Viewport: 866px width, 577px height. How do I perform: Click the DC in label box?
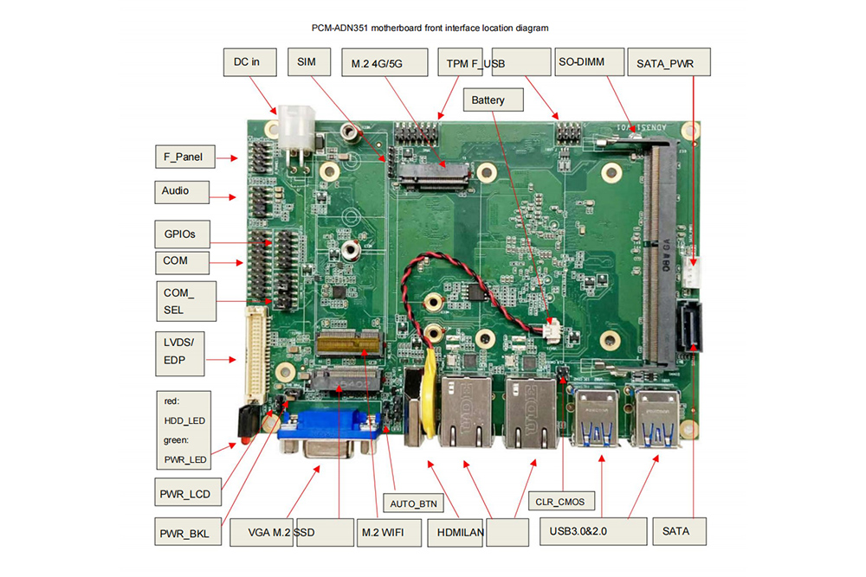coord(249,61)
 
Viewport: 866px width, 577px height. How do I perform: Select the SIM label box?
coord(309,61)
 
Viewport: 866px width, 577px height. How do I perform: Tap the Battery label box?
coord(494,99)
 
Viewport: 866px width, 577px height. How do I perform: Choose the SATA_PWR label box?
coord(669,61)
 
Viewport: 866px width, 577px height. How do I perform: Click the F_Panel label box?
coord(185,157)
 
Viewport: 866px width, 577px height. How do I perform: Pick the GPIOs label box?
coord(182,234)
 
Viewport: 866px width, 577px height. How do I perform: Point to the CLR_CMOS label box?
coord(561,501)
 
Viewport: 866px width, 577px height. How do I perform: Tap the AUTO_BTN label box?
coord(413,503)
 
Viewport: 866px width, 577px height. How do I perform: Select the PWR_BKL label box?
coord(188,531)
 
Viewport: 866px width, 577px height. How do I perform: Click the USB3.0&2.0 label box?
coord(593,531)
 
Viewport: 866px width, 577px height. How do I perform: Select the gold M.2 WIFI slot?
coord(349,343)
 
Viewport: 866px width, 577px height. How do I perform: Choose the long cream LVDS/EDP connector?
coord(256,356)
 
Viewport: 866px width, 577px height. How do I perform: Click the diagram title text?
coord(430,29)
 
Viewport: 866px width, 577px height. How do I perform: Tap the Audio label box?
coord(182,192)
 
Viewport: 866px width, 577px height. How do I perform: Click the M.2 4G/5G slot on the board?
coord(434,176)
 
